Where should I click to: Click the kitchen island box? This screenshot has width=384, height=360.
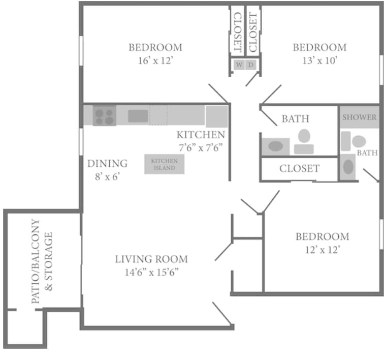(164, 164)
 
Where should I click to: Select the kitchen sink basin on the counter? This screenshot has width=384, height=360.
(138, 116)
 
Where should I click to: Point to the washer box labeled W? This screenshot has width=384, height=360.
(239, 65)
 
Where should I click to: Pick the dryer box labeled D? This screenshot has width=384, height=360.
(251, 65)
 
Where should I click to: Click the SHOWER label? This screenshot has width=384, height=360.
(360, 117)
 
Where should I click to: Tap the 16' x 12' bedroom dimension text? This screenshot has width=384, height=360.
(155, 61)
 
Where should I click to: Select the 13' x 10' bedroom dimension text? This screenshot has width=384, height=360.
(319, 61)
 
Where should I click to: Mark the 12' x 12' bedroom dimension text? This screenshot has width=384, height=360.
(323, 250)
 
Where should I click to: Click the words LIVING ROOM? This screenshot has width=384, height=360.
(151, 259)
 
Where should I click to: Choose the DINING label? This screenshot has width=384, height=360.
(107, 163)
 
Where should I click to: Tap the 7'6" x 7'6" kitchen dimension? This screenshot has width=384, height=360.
(201, 148)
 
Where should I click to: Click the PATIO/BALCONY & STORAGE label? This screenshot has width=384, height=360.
(42, 261)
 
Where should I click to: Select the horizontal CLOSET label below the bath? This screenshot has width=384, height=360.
(299, 168)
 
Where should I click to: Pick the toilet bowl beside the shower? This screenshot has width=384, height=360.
(359, 141)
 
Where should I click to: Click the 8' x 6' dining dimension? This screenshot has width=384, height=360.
(107, 176)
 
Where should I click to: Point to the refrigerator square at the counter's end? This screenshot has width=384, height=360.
(217, 116)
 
